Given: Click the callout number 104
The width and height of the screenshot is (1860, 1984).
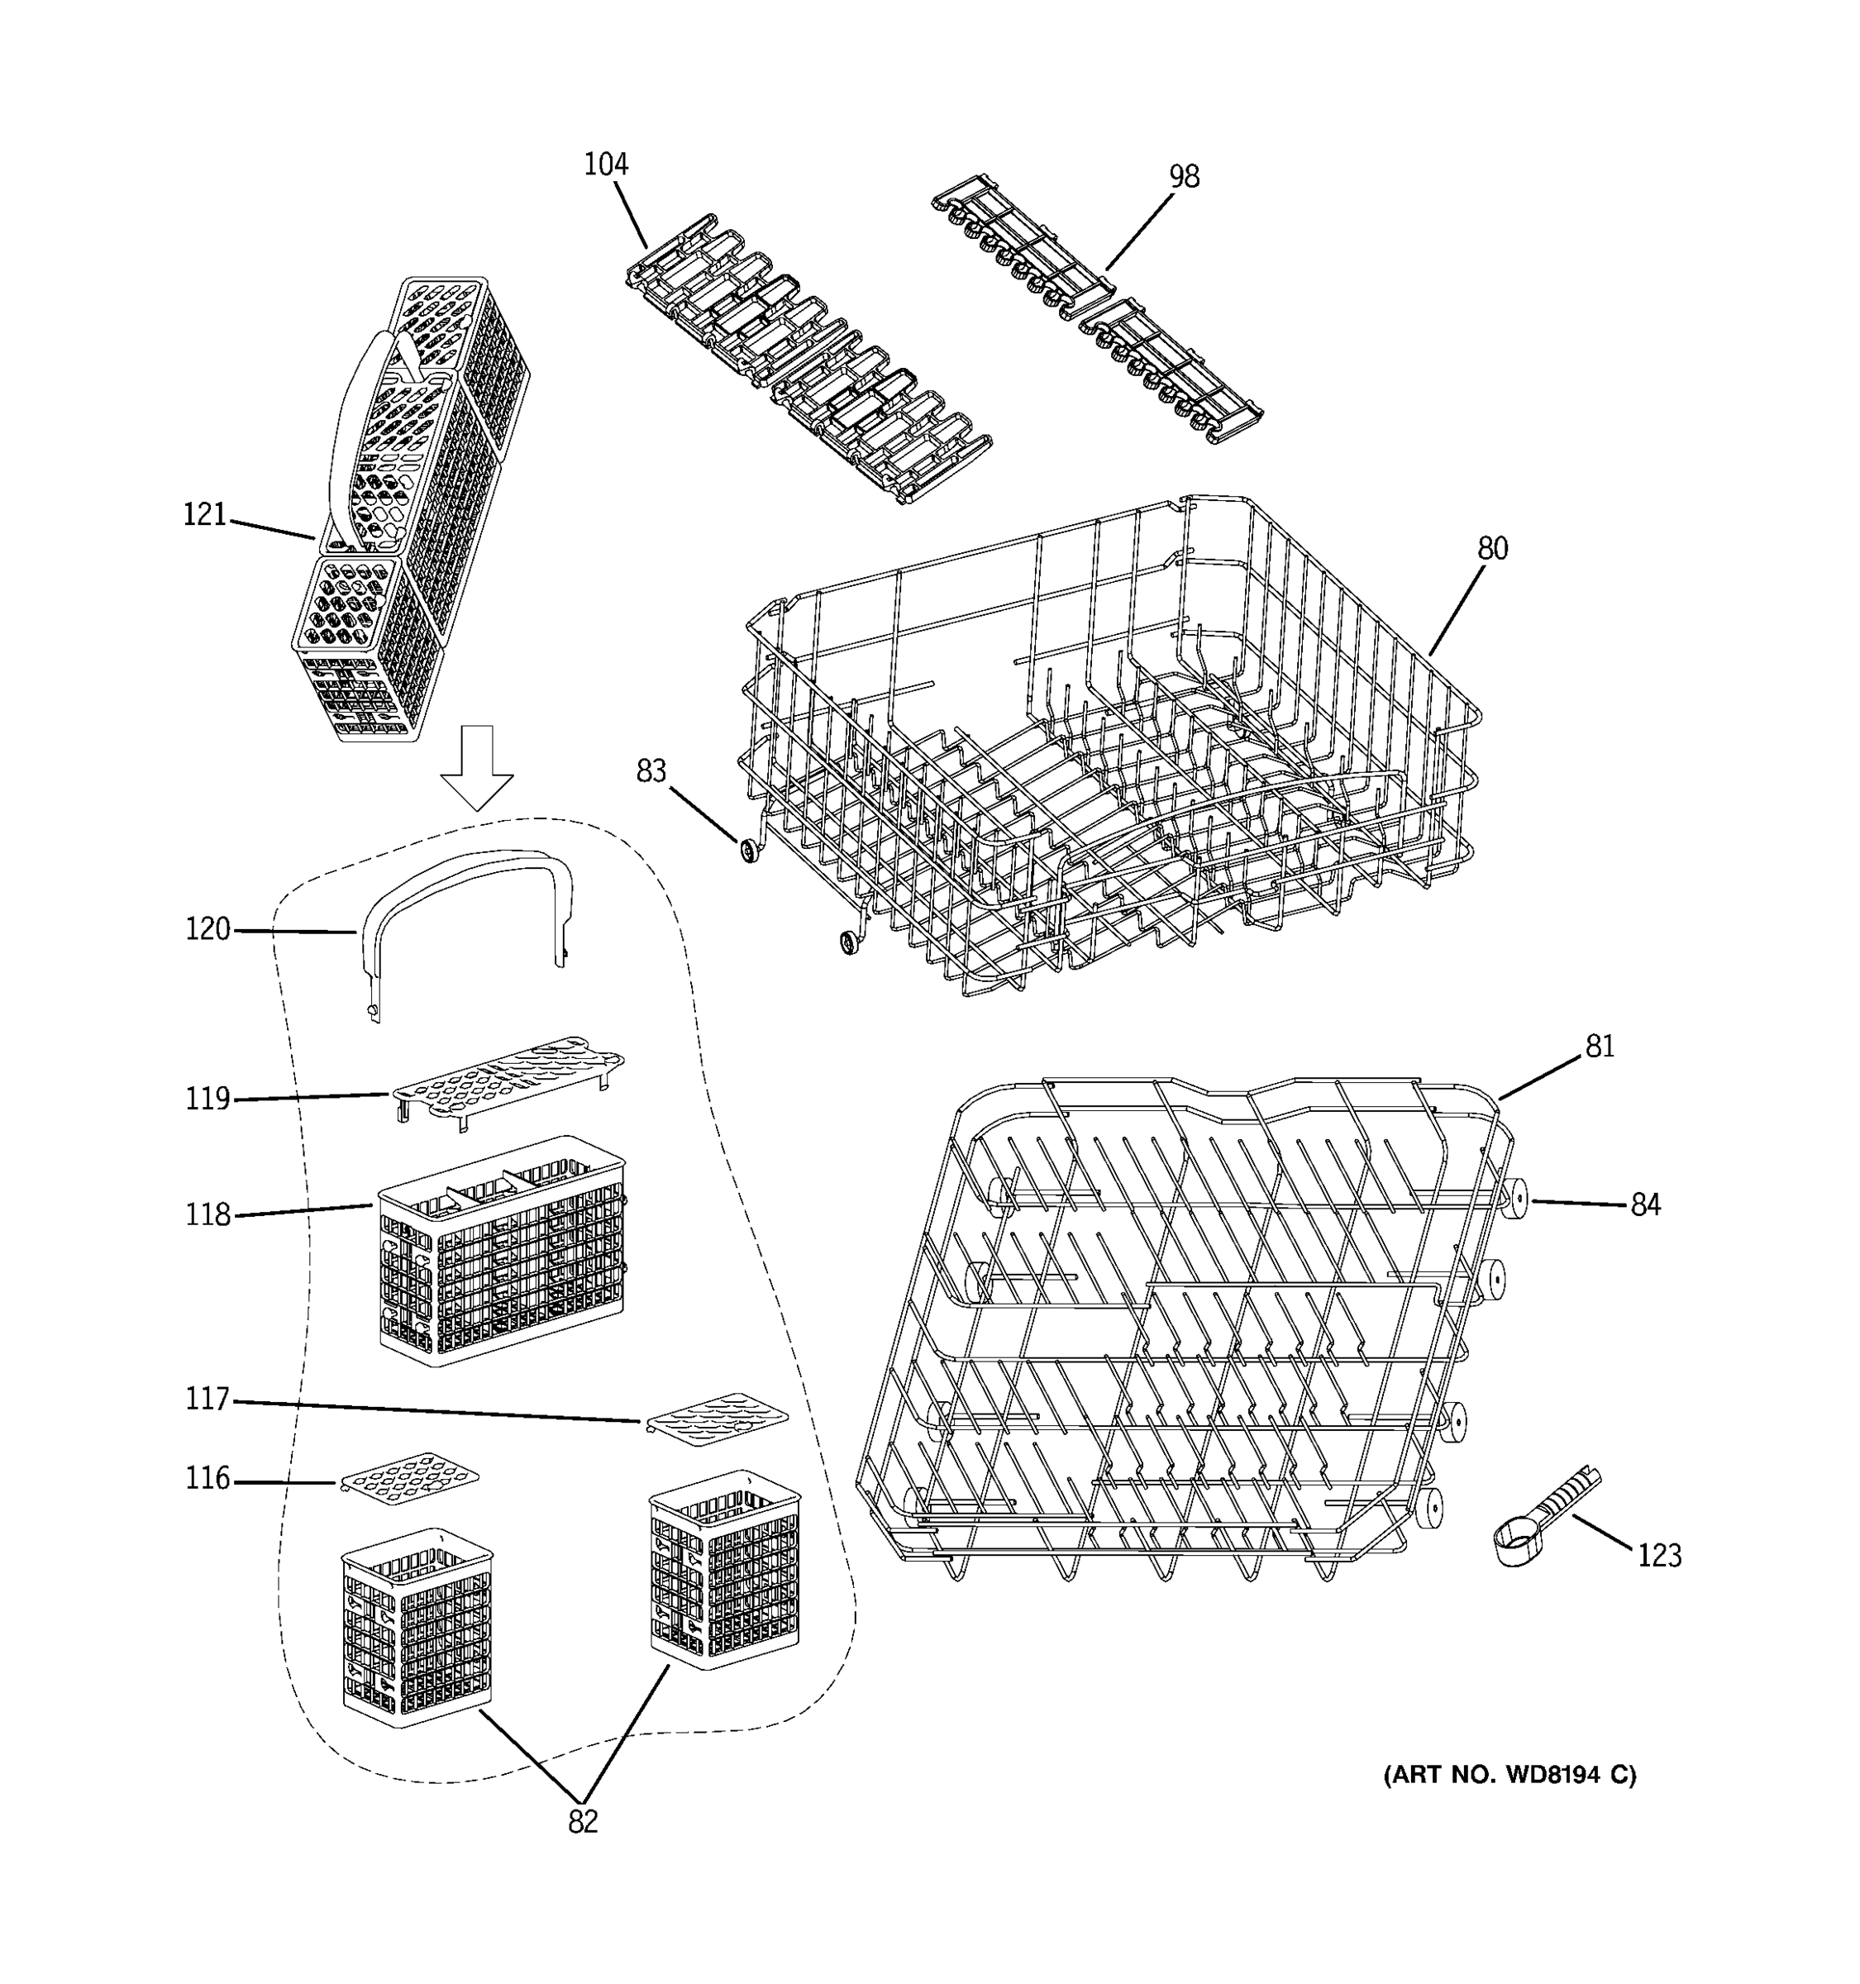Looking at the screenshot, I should tap(606, 165).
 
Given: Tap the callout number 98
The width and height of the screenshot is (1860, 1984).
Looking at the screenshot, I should tap(1184, 177).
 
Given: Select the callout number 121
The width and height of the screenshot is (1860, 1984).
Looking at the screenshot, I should tap(204, 515).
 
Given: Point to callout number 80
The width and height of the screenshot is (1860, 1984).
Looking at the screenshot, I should tap(1492, 548).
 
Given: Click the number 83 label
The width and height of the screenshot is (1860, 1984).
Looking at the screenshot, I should tap(651, 771).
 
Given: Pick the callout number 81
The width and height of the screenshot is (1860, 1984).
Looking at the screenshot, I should tap(1600, 1046).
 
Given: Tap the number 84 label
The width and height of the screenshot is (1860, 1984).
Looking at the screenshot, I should tap(1645, 1205).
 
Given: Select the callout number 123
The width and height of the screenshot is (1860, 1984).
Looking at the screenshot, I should tap(1659, 1556).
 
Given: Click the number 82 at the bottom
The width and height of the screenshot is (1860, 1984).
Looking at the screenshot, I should tap(583, 1822).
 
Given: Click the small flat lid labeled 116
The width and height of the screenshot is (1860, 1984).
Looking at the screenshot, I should tap(410, 1478).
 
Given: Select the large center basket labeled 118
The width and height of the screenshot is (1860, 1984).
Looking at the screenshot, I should tap(502, 1249).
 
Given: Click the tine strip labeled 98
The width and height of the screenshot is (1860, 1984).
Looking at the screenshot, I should tap(1098, 309).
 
